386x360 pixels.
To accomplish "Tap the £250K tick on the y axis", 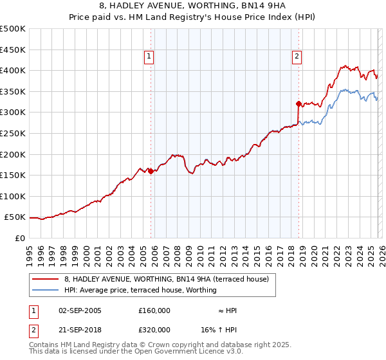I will pyautogui.click(x=13, y=133).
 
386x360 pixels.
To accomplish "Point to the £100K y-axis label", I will pyautogui.click(x=13, y=196).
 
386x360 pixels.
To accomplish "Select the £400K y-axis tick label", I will pyautogui.click(x=13, y=70).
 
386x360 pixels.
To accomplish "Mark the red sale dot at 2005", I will pyautogui.click(x=151, y=171).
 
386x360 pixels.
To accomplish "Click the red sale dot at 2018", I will pyautogui.click(x=299, y=104).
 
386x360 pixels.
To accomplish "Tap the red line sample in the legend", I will pyautogui.click(x=46, y=279).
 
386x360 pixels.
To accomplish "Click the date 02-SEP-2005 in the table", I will pyautogui.click(x=80, y=310).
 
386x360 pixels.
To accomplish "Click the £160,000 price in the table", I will pyautogui.click(x=154, y=310).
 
